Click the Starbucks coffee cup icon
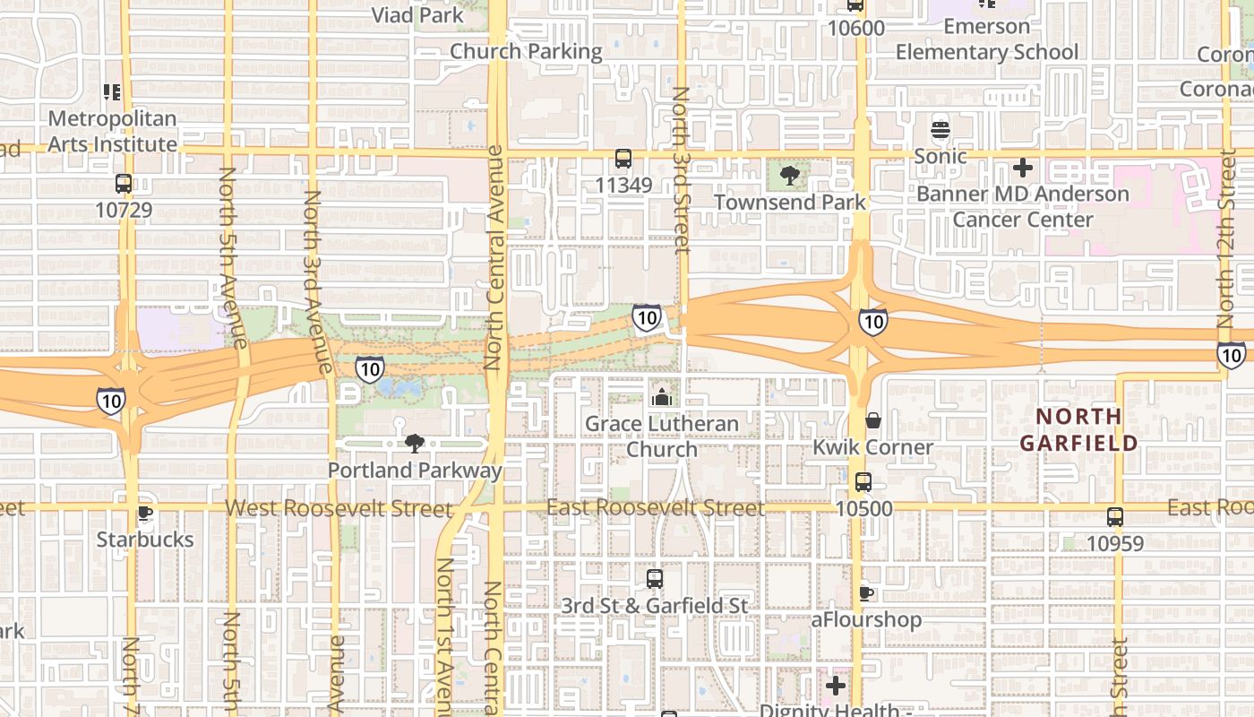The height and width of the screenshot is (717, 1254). tap(144, 514)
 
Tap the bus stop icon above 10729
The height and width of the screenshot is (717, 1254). tap(124, 184)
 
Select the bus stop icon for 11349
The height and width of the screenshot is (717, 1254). tap(623, 159)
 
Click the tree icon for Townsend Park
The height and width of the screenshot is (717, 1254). tap(789, 176)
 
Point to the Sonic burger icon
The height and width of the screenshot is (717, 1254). tap(940, 130)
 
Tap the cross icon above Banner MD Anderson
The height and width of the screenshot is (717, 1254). tap(1022, 168)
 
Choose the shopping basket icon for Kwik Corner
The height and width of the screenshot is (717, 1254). tap(872, 420)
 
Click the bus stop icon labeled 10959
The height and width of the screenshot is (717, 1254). tap(1115, 517)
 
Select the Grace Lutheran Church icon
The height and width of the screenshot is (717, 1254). tap(662, 397)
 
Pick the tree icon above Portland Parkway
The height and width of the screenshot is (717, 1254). tap(414, 443)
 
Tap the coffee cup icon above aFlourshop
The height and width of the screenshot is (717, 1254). tap(865, 593)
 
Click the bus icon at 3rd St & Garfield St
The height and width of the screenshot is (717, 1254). tap(655, 579)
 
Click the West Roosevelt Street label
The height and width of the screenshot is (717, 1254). tap(339, 509)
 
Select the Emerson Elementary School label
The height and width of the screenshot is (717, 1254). tap(987, 39)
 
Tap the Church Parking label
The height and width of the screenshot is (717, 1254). tap(526, 51)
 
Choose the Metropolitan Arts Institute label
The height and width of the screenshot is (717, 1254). tap(112, 131)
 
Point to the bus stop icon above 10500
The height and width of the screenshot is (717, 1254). tap(863, 482)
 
